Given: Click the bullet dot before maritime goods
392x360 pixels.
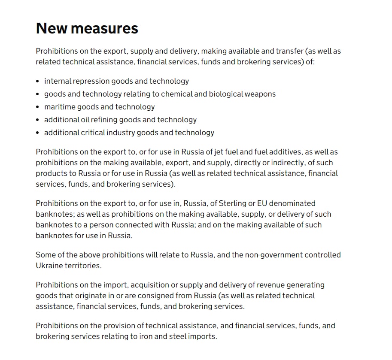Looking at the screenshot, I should (x=38, y=107).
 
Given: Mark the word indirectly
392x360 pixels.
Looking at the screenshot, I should (x=282, y=163).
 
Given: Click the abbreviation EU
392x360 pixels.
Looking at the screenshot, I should (x=263, y=203).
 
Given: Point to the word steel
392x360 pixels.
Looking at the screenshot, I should (x=176, y=336).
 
